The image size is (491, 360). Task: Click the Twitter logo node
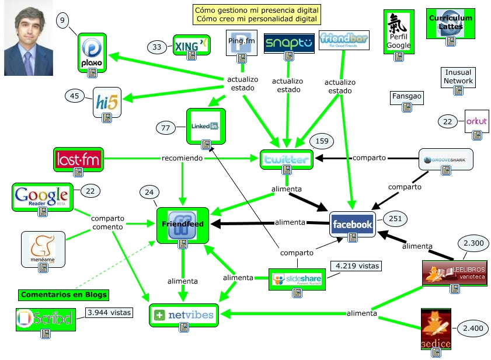[x=286, y=159]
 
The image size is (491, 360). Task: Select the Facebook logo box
[x=351, y=224]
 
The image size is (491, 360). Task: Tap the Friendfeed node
[x=183, y=225]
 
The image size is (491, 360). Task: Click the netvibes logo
[x=184, y=315]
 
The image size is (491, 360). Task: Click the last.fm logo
[x=78, y=159]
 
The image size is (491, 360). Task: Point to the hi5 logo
[x=107, y=102]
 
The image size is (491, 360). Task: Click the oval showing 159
[x=321, y=141]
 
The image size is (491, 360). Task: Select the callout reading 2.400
[x=472, y=329]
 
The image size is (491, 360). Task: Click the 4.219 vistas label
[x=356, y=267]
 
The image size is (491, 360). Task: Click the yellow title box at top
[x=257, y=15]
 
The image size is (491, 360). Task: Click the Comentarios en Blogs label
[x=64, y=295]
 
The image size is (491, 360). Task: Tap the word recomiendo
[x=182, y=158]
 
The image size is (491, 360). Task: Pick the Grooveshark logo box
[x=445, y=160]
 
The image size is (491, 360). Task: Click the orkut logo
[x=476, y=122]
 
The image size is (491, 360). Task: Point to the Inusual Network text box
[x=458, y=77]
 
